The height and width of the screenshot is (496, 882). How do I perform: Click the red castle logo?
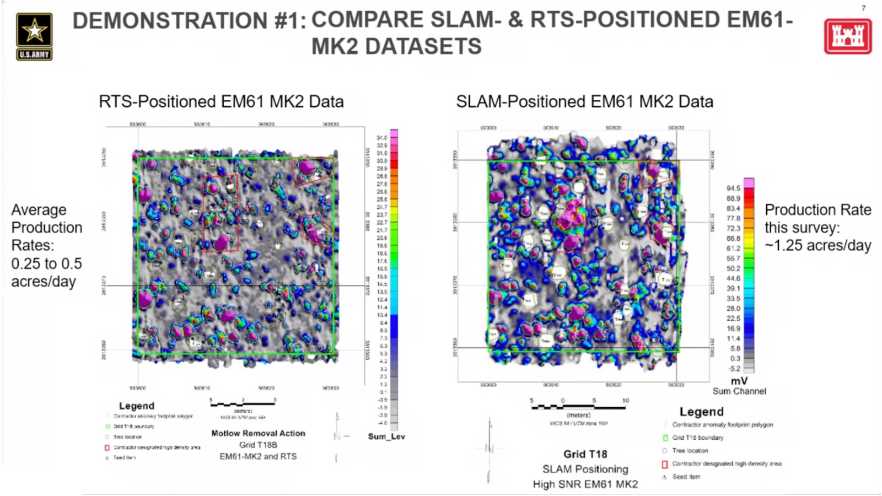(847, 36)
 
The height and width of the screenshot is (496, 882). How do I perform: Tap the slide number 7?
(863, 8)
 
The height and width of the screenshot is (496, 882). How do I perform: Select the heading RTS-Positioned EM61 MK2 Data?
(221, 102)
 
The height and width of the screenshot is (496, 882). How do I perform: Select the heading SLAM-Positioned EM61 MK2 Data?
(584, 102)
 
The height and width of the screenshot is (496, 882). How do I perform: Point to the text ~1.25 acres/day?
(818, 246)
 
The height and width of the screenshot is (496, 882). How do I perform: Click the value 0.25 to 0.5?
(46, 263)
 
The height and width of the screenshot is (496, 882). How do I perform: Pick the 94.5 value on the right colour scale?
(733, 188)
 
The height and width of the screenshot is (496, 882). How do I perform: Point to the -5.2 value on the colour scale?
(734, 369)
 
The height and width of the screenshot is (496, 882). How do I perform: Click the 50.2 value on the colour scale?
(733, 268)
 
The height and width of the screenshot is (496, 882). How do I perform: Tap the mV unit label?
(739, 381)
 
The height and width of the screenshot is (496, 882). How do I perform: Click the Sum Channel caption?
(739, 391)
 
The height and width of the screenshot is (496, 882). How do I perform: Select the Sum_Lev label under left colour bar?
(386, 436)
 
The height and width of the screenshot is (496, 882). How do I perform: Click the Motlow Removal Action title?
(258, 433)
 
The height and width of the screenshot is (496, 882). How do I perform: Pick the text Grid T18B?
(258, 445)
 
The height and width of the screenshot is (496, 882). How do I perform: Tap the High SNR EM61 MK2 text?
(585, 484)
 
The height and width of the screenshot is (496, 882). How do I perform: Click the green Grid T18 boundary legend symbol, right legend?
(665, 438)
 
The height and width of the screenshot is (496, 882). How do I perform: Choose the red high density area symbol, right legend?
(665, 464)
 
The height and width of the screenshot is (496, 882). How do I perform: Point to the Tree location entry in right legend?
(690, 451)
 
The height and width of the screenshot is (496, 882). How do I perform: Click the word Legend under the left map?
(137, 406)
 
